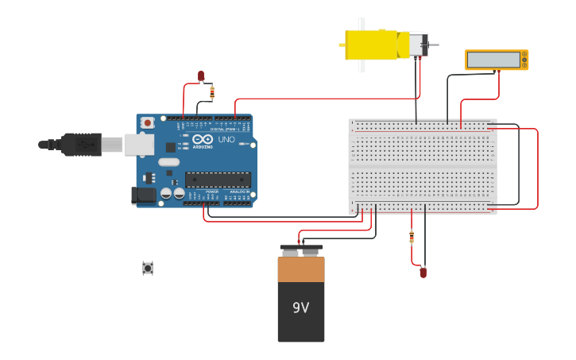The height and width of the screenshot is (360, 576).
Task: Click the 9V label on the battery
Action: [x=300, y=308]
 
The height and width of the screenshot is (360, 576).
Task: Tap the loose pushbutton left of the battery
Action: [x=148, y=268]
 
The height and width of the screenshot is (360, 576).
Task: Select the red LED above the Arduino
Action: [x=201, y=75]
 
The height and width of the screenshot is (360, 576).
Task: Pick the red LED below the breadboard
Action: [x=423, y=273]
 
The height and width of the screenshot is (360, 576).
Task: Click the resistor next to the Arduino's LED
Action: [x=212, y=92]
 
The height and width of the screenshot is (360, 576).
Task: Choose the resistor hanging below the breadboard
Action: [x=412, y=237]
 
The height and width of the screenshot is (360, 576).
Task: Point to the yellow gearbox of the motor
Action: [x=371, y=45]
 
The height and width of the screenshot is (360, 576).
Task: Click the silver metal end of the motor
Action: [x=418, y=45]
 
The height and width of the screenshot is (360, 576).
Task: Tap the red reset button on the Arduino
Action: [x=148, y=122]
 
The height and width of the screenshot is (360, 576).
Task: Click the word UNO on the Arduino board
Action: [x=226, y=140]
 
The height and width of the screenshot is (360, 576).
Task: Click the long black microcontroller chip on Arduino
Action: [x=218, y=180]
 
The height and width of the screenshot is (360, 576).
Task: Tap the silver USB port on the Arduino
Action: [x=138, y=144]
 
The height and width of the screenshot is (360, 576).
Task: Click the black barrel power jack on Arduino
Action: [x=143, y=195]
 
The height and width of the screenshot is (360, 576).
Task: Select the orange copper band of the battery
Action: [x=301, y=269]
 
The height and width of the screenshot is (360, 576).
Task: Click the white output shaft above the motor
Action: [x=361, y=24]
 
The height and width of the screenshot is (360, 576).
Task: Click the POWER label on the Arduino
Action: [x=212, y=192]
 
